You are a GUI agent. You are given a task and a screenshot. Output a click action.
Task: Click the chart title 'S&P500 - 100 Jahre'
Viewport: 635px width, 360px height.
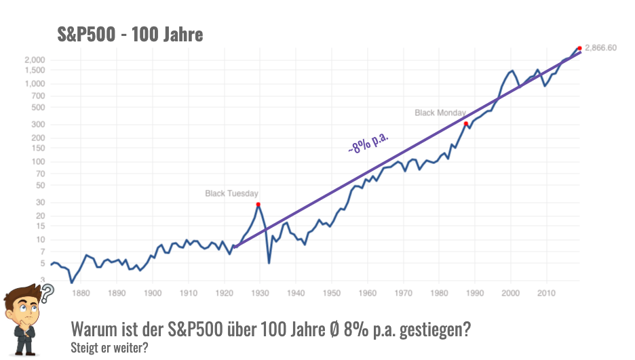point(130,34)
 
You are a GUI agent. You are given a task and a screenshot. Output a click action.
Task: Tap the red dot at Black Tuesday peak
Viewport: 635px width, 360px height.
point(258,204)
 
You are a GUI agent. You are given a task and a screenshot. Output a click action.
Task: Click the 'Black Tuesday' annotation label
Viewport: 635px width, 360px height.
point(231,194)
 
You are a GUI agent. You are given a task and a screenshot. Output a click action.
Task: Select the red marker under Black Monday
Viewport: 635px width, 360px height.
point(465,123)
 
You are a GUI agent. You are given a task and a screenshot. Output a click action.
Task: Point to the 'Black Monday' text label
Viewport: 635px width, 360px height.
point(440,113)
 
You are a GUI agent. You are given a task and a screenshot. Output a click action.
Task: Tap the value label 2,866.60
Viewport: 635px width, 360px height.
point(600,48)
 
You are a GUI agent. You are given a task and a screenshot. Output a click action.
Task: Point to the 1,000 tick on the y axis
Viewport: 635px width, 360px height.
point(34,83)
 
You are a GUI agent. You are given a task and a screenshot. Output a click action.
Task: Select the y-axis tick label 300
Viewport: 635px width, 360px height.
point(38,124)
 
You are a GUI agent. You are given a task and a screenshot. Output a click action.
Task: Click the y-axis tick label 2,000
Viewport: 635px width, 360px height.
point(34,60)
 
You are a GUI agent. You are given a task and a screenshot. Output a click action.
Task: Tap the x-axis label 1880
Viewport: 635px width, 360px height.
point(81,294)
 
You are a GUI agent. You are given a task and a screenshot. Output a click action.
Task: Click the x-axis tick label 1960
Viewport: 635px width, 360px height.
point(367,294)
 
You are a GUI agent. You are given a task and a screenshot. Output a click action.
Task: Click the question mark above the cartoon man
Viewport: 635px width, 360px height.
point(47,294)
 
